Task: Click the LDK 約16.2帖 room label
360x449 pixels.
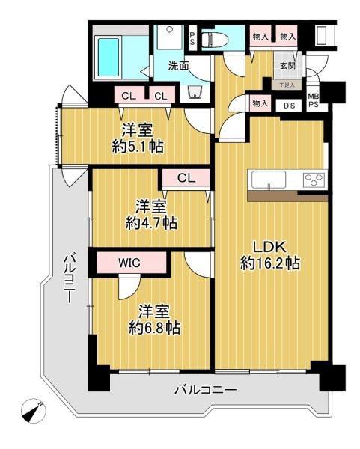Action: [x=270, y=255]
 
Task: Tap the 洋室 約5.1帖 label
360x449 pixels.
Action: [x=138, y=138]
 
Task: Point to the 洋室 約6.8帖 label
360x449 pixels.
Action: [x=154, y=320]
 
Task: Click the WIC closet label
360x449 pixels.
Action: [x=129, y=263]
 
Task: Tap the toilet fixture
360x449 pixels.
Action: [x=215, y=40]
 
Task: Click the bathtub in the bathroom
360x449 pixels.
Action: [x=109, y=58]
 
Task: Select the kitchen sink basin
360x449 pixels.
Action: [x=269, y=180]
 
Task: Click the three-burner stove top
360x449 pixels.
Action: [x=314, y=180]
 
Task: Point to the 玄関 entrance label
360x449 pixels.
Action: [x=288, y=66]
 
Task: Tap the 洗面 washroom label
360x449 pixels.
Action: [x=178, y=66]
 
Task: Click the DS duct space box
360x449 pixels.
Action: [x=289, y=105]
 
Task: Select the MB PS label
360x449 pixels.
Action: [x=314, y=101]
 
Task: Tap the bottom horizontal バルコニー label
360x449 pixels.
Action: [x=206, y=390]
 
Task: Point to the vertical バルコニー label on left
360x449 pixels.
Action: [x=70, y=278]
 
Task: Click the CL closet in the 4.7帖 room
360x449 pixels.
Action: [x=186, y=178]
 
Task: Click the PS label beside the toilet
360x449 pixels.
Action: [x=192, y=38]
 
